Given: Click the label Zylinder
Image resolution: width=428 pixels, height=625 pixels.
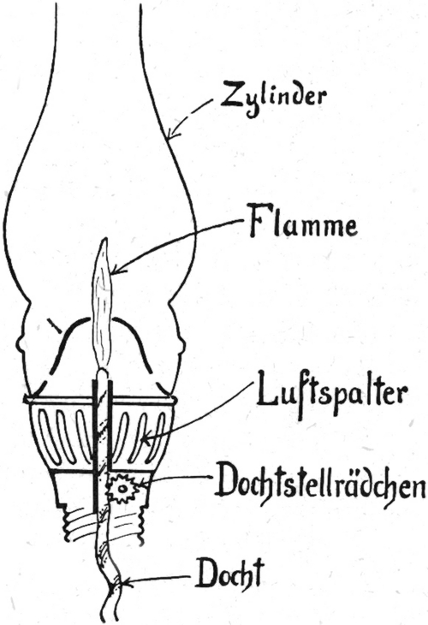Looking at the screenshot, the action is click(274, 98).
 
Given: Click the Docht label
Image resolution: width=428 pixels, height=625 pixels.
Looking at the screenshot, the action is click(229, 573).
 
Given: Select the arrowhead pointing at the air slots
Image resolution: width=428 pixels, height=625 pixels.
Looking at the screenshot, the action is click(148, 440).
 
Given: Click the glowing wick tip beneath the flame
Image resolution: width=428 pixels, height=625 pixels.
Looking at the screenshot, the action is click(103, 374).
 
